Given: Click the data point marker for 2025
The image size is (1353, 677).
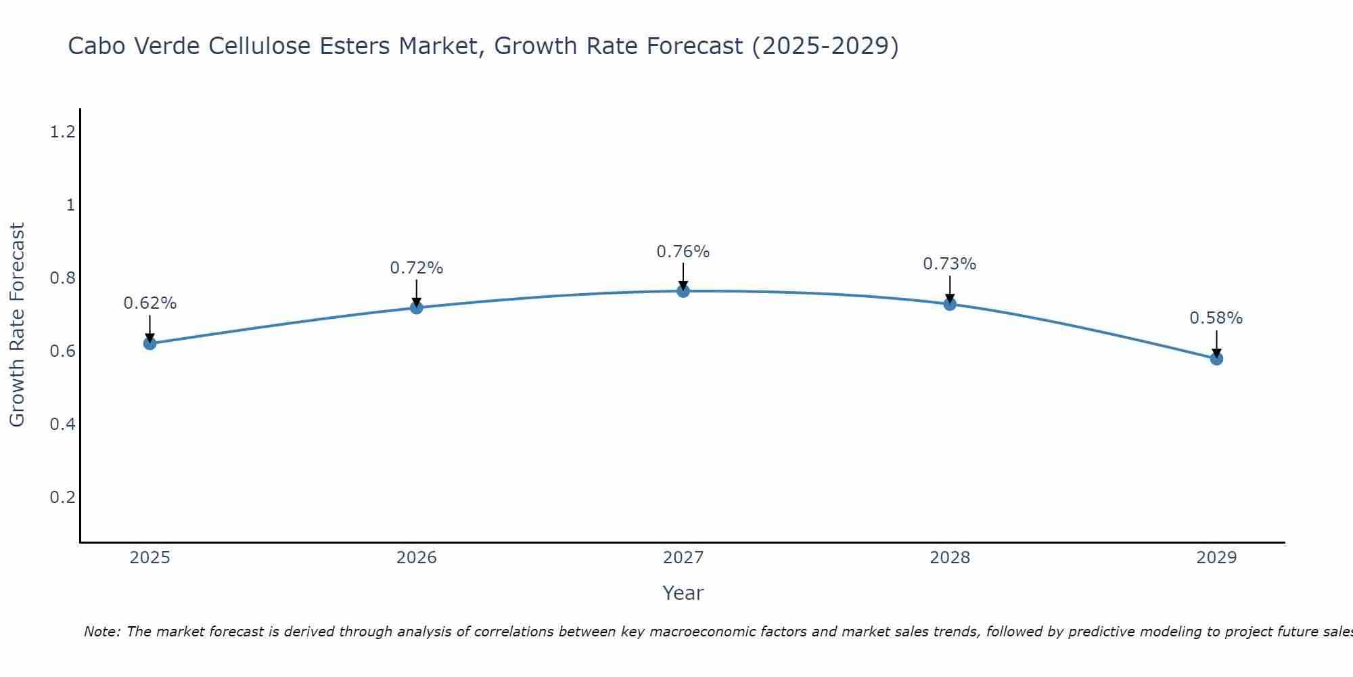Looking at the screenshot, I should (150, 343).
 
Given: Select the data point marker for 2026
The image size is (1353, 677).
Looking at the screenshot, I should (416, 307).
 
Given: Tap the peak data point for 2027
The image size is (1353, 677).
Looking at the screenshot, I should (683, 291).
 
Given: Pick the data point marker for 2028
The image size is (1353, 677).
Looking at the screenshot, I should (949, 304).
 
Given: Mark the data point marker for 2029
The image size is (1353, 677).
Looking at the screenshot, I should (1216, 358).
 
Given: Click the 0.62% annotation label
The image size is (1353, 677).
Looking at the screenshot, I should (150, 303).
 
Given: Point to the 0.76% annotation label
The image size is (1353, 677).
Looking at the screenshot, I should (683, 252).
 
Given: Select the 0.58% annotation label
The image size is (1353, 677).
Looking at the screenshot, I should (1216, 318).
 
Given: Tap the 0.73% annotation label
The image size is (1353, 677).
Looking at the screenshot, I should (949, 264).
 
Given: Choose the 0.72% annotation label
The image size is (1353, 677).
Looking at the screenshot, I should (416, 268).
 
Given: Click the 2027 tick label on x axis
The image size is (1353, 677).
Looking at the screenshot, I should (683, 558).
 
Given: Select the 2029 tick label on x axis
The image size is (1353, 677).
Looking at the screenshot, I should (1216, 558).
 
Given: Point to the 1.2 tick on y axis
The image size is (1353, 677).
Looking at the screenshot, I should (62, 132).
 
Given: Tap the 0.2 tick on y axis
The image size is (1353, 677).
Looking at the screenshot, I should (62, 498).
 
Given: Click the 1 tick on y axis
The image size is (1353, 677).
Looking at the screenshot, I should (70, 205).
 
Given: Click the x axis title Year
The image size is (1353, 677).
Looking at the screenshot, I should (683, 593).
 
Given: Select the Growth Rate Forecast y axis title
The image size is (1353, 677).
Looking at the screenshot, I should (17, 325).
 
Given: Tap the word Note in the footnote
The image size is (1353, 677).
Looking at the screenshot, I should (101, 632).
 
